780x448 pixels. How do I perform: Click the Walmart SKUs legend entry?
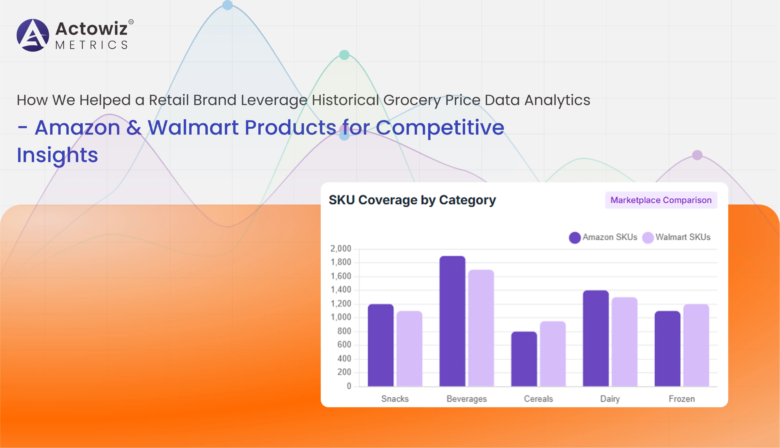click(x=677, y=237)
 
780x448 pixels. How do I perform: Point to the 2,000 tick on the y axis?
click(x=341, y=249)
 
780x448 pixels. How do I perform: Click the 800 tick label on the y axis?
click(x=344, y=331)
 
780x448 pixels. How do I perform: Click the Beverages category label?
click(x=467, y=399)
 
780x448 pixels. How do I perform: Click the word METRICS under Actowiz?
click(x=91, y=45)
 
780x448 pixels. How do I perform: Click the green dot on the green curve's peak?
click(x=344, y=55)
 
